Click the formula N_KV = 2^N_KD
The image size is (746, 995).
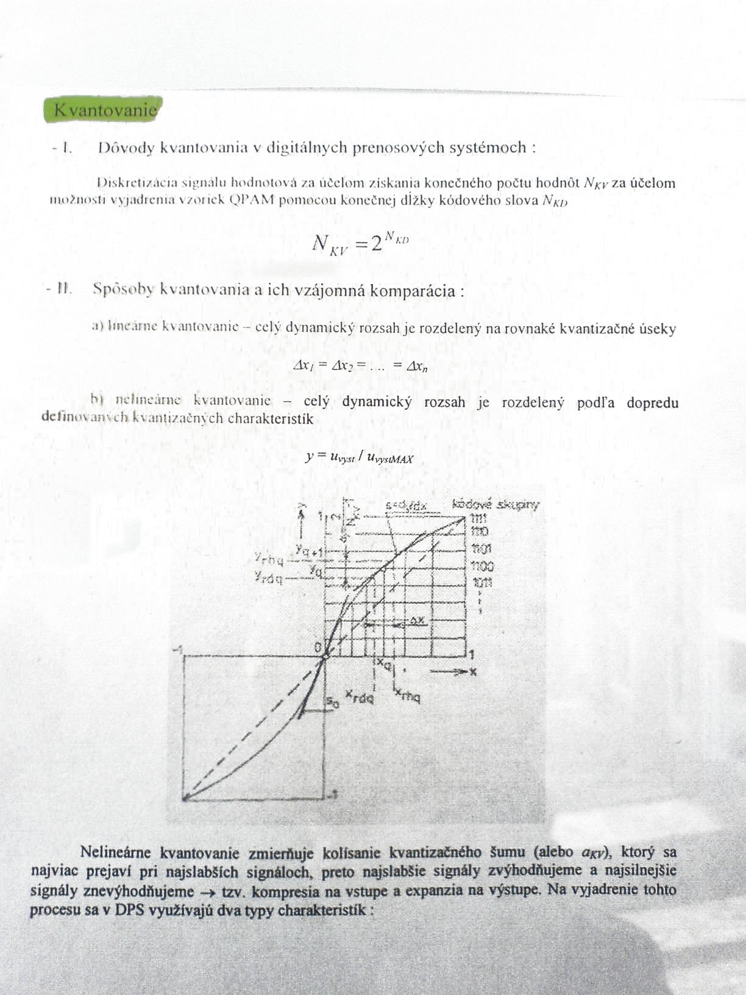pyautogui.click(x=360, y=242)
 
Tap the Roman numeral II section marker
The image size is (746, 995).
pyautogui.click(x=64, y=289)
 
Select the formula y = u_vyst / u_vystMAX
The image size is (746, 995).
pyautogui.click(x=359, y=458)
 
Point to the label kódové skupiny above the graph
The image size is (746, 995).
pyautogui.click(x=496, y=504)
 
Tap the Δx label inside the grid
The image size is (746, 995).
pyautogui.click(x=417, y=619)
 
